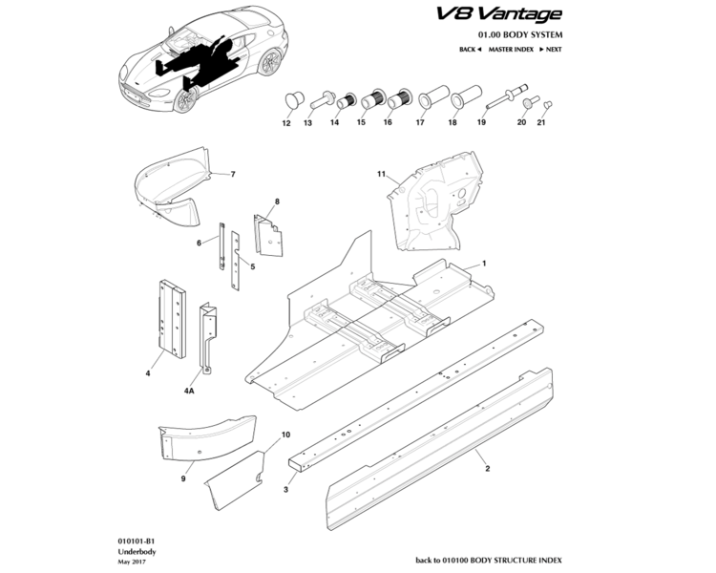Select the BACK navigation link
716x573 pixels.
tap(469, 49)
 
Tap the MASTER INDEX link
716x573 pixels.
tap(511, 49)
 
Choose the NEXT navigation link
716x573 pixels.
tap(549, 49)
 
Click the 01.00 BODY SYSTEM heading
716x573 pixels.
tap(515, 34)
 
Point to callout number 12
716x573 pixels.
tap(286, 123)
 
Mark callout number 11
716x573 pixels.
tap(380, 175)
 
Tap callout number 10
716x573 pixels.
tap(285, 435)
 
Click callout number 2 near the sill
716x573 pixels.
tap(487, 469)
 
